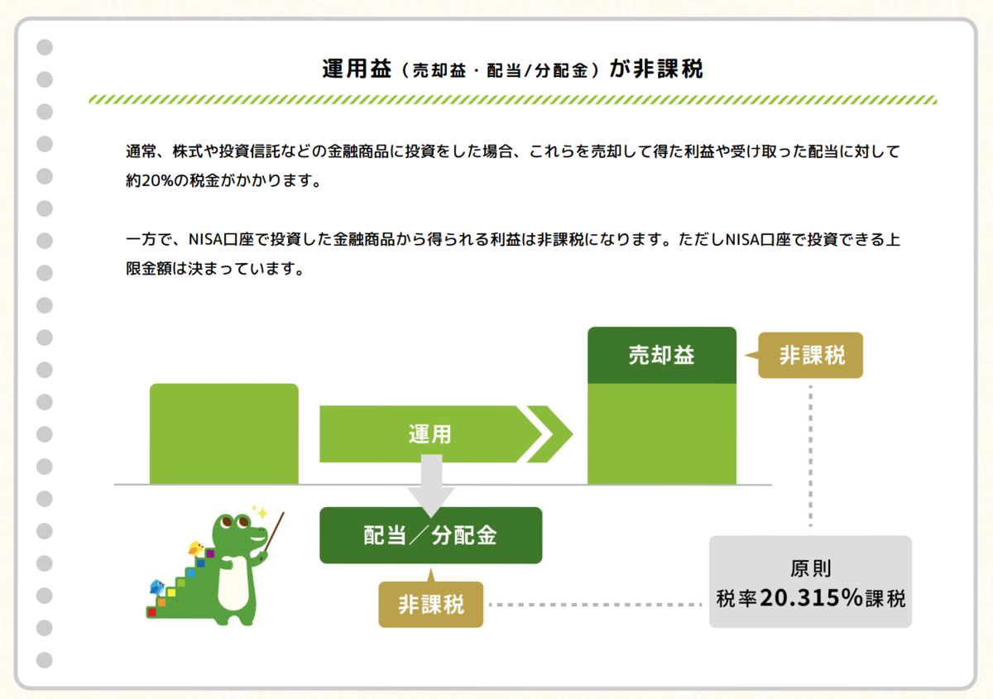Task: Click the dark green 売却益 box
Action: [x=661, y=356]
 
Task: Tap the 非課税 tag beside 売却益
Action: [x=811, y=356]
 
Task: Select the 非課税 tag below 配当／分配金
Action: [x=430, y=604]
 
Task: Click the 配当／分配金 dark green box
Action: [x=430, y=535]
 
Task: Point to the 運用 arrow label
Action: [x=430, y=433]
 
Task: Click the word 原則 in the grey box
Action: [x=811, y=569]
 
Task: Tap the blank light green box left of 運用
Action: [x=223, y=433]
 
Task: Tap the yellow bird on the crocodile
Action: [x=196, y=548]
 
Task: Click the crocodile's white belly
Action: [x=235, y=587]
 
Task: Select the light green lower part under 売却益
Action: [x=661, y=433]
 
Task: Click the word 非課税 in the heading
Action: [x=668, y=69]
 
